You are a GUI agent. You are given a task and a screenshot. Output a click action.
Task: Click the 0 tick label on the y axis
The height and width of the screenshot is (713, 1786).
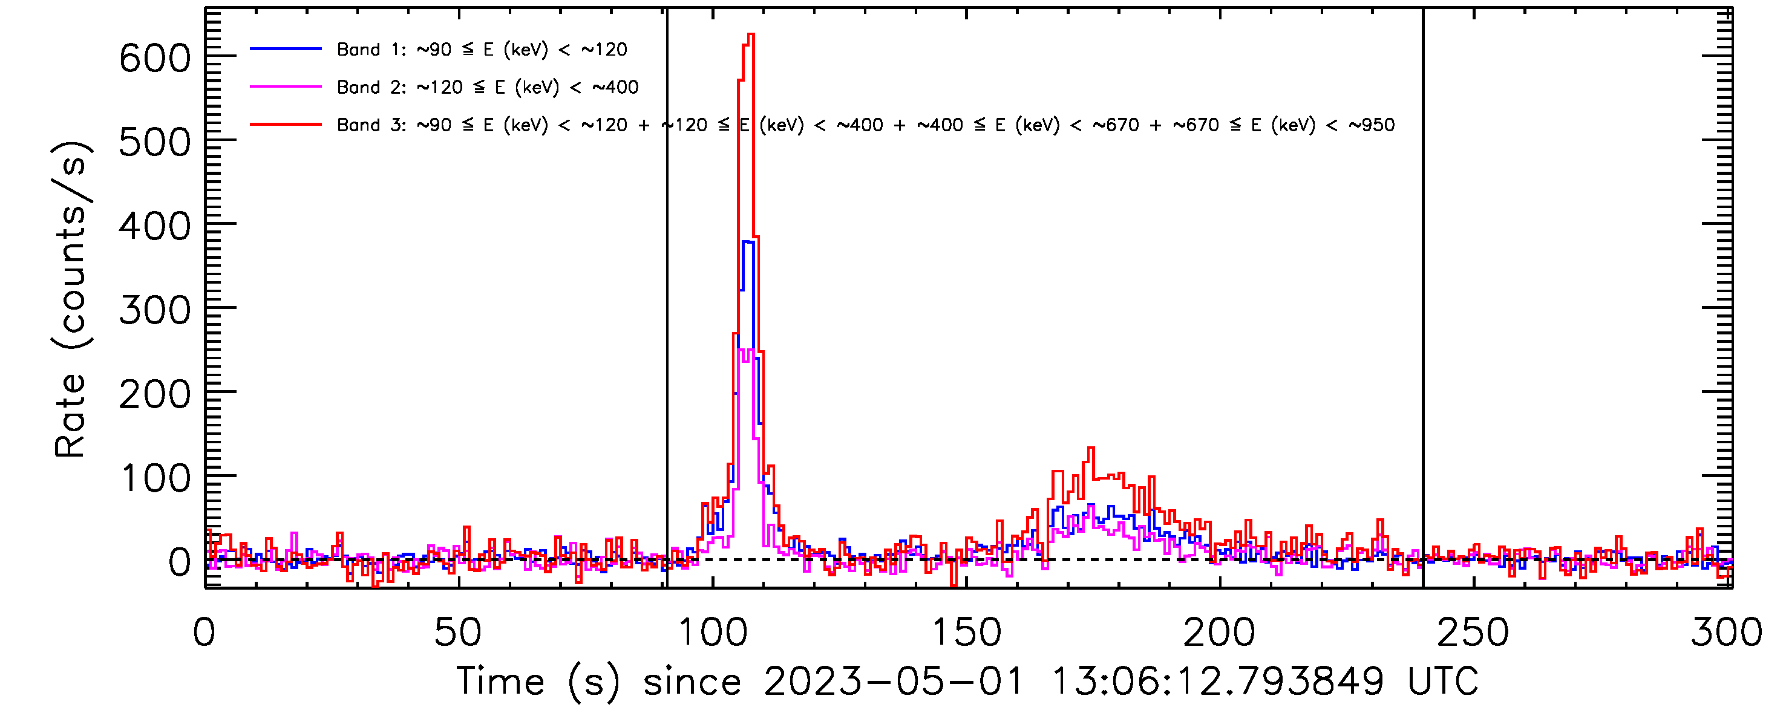180,562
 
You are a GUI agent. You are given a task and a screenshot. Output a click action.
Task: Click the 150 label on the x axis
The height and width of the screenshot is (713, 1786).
966,632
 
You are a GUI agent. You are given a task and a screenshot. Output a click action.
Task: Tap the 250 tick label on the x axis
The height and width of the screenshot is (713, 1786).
1473,632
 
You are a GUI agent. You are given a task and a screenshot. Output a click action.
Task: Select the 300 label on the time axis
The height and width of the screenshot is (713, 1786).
1725,632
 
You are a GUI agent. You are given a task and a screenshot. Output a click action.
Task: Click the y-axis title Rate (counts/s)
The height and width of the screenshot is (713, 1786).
70,299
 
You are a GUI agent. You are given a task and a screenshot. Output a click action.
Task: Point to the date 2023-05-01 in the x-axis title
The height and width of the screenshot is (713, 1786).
893,682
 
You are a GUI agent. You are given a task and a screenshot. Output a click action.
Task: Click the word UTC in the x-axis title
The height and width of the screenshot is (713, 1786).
1443,682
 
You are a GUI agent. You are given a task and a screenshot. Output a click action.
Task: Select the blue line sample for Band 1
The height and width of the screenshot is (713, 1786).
286,49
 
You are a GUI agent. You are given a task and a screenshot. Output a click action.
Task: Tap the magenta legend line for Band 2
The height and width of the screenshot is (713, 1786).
286,86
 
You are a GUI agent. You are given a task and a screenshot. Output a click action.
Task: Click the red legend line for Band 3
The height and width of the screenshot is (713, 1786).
286,125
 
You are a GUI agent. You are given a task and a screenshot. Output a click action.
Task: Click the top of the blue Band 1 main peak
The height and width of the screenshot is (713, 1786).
747,241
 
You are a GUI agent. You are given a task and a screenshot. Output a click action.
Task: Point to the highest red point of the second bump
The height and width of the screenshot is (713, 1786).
1091,448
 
